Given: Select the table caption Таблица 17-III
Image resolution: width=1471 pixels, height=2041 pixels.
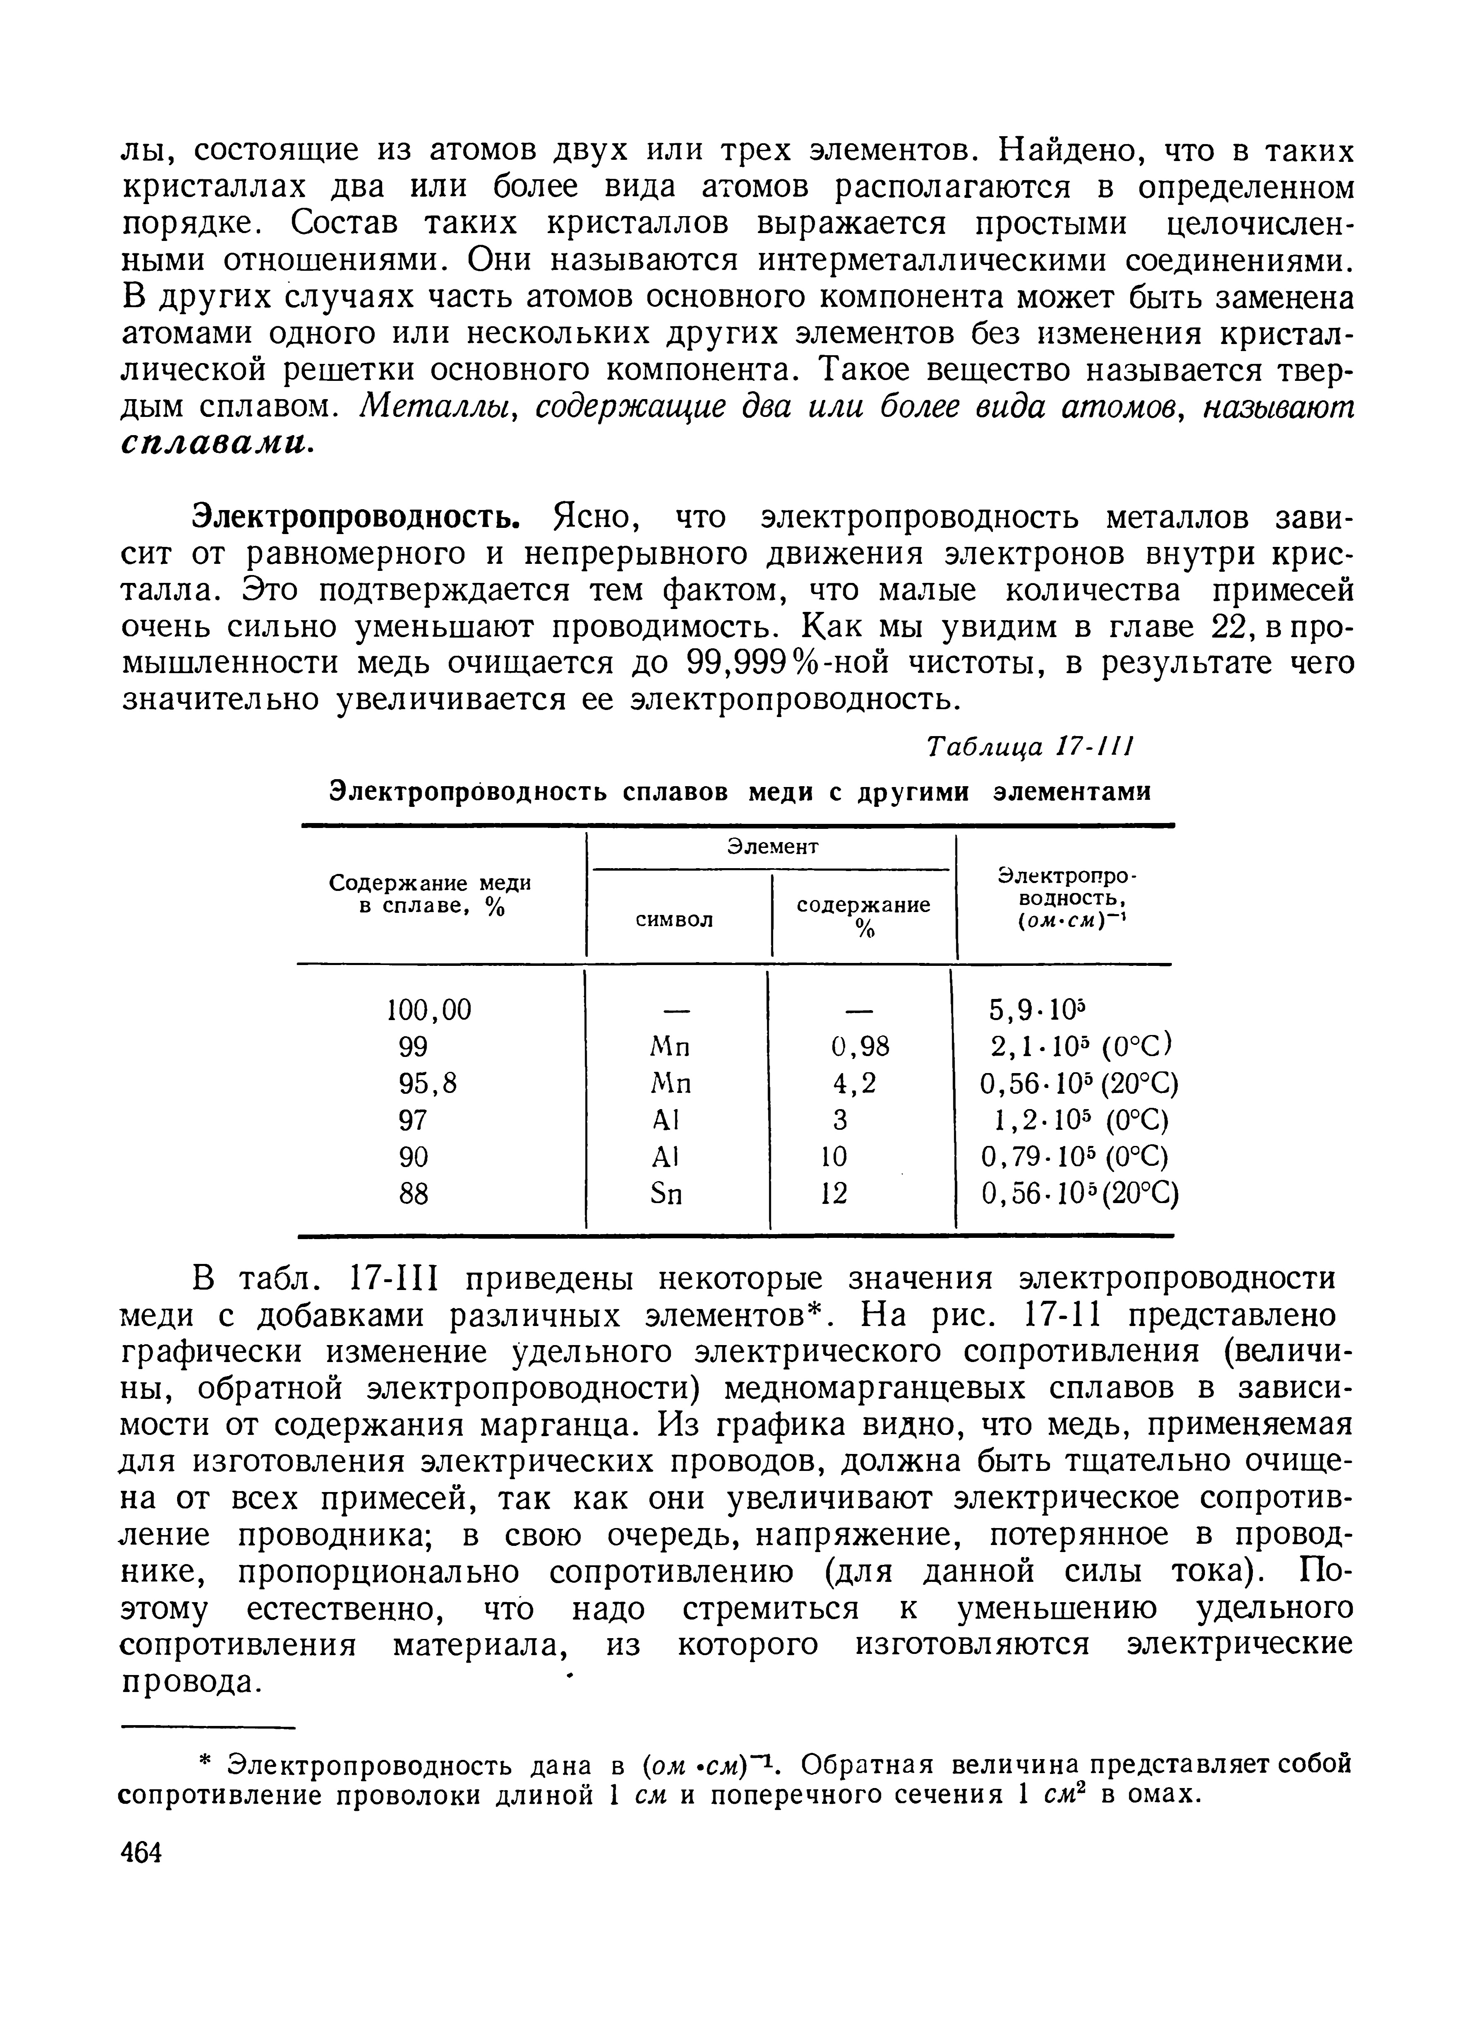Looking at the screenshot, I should [x=1033, y=747].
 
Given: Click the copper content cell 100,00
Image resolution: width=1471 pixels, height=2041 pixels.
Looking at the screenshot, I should [x=428, y=1010].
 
